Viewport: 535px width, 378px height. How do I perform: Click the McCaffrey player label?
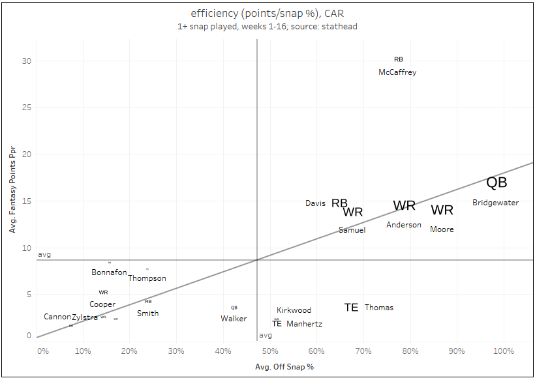[397, 72]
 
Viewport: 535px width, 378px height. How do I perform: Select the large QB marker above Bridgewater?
[497, 183]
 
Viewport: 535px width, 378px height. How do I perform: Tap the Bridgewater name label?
[495, 203]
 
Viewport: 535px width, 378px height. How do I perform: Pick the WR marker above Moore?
[442, 210]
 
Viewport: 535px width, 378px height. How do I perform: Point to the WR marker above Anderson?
[404, 205]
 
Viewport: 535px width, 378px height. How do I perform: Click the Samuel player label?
[352, 229]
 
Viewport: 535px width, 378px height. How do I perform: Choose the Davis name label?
[315, 203]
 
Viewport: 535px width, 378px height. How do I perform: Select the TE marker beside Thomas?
[351, 307]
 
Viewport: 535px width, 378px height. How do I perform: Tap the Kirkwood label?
[294, 310]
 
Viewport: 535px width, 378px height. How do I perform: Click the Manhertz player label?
[304, 324]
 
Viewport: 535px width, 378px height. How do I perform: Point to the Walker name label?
[234, 319]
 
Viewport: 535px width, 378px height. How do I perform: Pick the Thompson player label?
[147, 278]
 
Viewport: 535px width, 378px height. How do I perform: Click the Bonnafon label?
[109, 272]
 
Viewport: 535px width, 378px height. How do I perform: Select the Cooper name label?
[102, 304]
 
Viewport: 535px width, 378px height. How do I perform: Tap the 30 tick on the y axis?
[27, 61]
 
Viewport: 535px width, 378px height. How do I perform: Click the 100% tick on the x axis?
[503, 352]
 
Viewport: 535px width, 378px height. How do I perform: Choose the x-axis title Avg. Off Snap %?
[284, 367]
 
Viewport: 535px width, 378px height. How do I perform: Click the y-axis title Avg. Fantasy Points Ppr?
[12, 188]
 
